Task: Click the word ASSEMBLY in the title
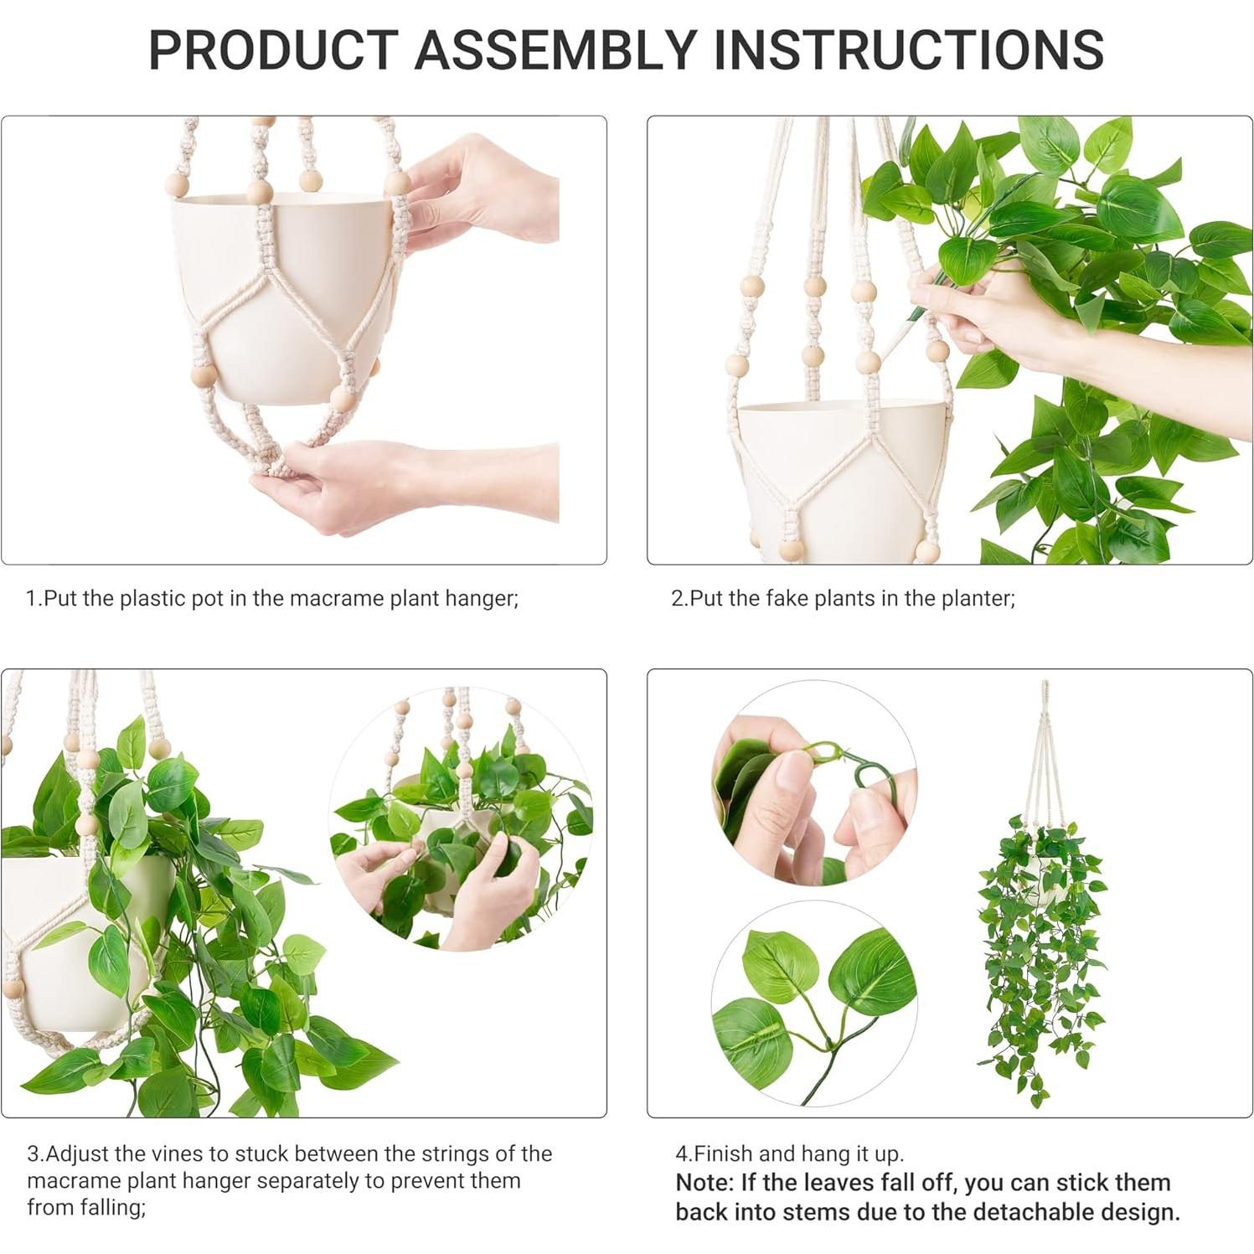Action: pyautogui.click(x=555, y=49)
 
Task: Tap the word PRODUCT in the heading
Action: pyautogui.click(x=273, y=49)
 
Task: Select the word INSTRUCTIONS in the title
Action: pyautogui.click(x=908, y=49)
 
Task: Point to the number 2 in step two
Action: pyautogui.click(x=677, y=598)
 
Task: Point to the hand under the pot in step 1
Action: pyautogui.click(x=402, y=486)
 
